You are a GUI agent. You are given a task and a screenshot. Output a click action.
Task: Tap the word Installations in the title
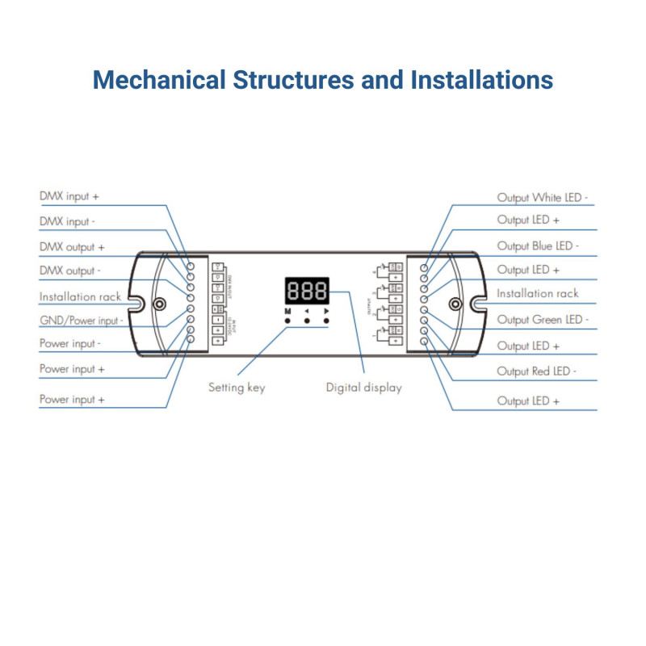click(481, 81)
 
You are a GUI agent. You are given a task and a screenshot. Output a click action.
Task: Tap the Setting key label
click(237, 388)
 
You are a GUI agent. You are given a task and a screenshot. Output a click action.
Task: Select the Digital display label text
click(363, 388)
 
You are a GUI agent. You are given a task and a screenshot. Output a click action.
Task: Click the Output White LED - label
click(543, 197)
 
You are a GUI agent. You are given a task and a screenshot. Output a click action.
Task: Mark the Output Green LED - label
click(543, 320)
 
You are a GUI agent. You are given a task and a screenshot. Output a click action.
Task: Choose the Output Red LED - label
click(537, 371)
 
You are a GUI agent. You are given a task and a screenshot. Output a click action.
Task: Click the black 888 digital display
click(307, 291)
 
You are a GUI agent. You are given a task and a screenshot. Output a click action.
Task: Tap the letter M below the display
click(287, 310)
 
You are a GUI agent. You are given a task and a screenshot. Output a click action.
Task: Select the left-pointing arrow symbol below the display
click(307, 310)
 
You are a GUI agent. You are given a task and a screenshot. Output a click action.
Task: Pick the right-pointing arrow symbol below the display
click(327, 310)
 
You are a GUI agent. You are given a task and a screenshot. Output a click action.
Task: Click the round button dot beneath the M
click(287, 321)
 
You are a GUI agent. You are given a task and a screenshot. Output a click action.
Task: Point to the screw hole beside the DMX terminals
click(160, 304)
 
